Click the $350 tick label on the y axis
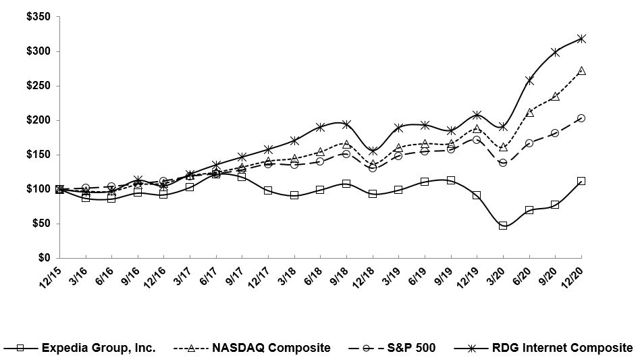click(x=38, y=17)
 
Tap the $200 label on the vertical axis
click(x=38, y=120)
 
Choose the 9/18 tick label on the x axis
click(x=338, y=274)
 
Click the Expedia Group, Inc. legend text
click(x=99, y=348)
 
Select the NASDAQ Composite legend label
click(x=272, y=348)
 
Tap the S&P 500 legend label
click(x=410, y=348)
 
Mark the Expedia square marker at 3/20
click(x=503, y=226)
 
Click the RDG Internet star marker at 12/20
click(x=581, y=38)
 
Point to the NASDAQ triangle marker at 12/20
click(x=581, y=70)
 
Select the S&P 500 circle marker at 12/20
click(x=581, y=118)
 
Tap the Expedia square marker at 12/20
click(x=581, y=181)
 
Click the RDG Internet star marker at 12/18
click(x=373, y=151)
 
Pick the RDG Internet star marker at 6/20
click(x=529, y=80)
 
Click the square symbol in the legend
click(x=20, y=348)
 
